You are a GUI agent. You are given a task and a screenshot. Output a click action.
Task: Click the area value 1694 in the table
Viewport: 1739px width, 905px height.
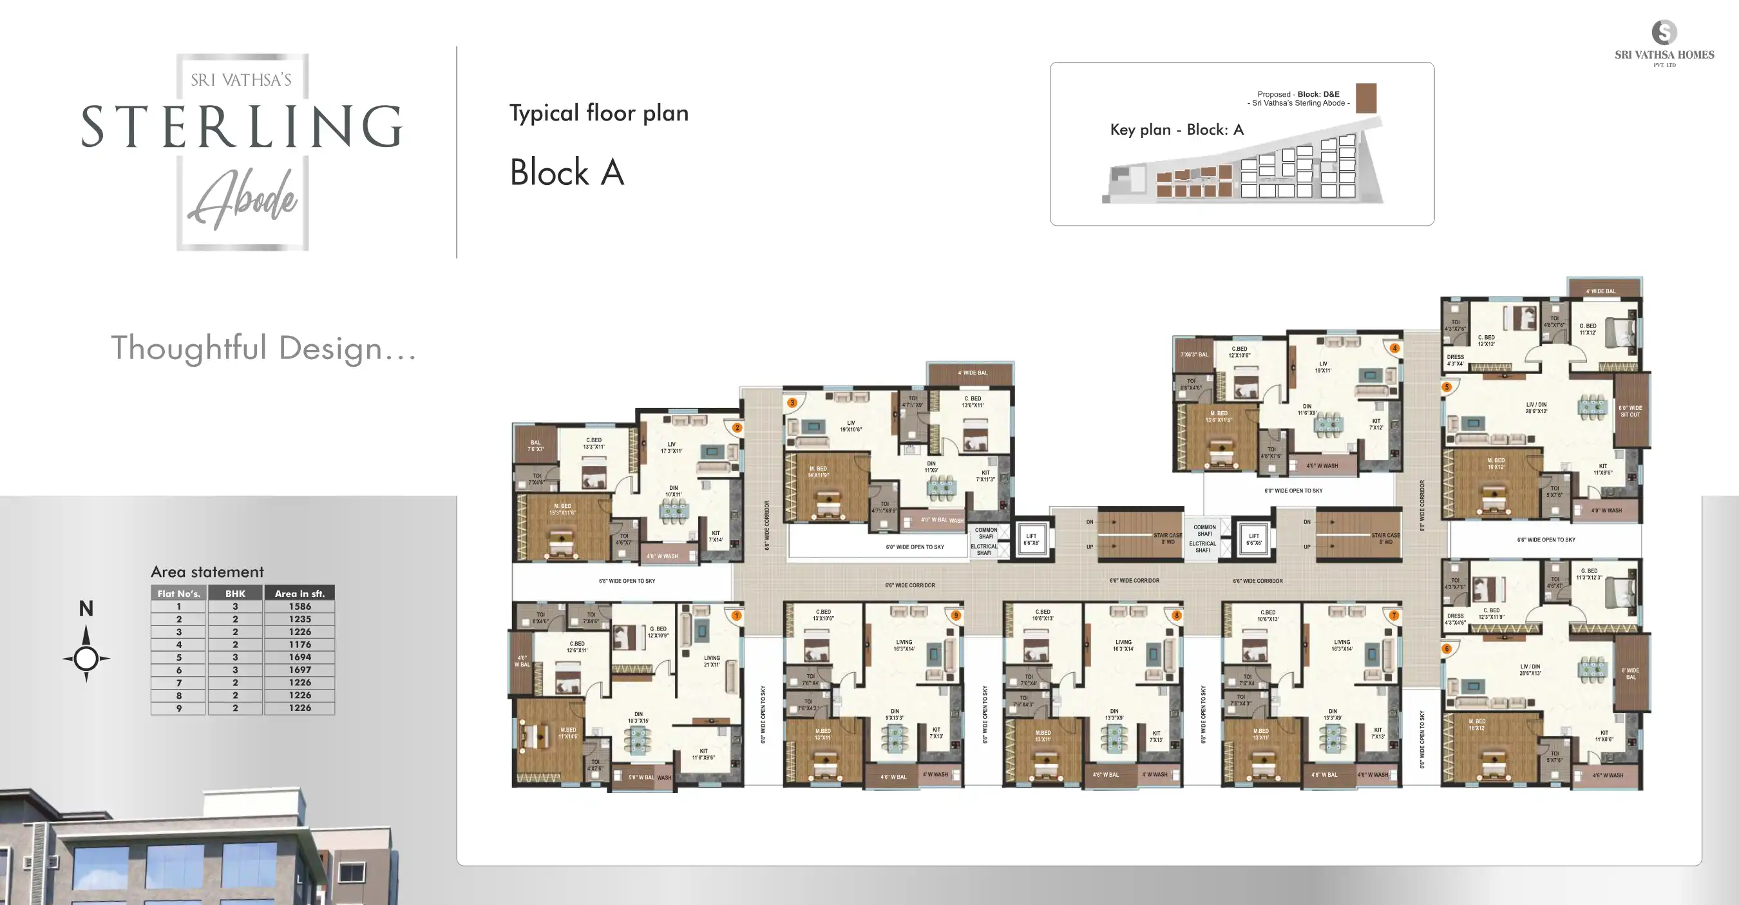click(x=299, y=657)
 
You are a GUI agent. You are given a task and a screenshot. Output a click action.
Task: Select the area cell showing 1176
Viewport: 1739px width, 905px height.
click(x=299, y=645)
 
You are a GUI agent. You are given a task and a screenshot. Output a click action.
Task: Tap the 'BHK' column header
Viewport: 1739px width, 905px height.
click(x=235, y=594)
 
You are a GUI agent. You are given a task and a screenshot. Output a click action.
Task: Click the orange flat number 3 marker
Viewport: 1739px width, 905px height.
click(x=793, y=402)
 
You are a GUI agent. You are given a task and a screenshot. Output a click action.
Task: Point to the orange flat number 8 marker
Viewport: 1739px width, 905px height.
click(x=1177, y=616)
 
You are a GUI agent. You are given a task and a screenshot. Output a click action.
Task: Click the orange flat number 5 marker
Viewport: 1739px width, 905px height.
click(x=1447, y=387)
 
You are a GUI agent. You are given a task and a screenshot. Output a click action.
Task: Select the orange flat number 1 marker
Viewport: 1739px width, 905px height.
click(x=737, y=616)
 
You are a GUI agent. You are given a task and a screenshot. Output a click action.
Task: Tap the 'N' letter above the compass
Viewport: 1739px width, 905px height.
click(x=86, y=608)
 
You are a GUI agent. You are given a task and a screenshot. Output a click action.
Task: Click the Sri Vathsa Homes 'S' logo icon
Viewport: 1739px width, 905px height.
click(x=1664, y=32)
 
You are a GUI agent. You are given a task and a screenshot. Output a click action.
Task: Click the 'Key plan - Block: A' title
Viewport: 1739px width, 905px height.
click(x=1177, y=130)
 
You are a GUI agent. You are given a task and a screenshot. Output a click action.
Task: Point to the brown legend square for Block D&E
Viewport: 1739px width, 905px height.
click(x=1365, y=99)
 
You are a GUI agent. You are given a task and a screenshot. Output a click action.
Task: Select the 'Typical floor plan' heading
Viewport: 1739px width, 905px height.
click(x=599, y=113)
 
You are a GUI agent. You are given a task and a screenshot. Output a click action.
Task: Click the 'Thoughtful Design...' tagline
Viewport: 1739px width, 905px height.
click(x=263, y=348)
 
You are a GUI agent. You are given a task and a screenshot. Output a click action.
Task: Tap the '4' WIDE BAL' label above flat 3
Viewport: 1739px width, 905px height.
click(x=972, y=373)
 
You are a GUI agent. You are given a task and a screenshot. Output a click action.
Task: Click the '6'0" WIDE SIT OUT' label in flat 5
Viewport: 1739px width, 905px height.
click(x=1630, y=411)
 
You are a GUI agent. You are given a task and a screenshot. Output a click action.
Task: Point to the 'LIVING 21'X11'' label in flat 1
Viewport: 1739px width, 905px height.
click(x=712, y=661)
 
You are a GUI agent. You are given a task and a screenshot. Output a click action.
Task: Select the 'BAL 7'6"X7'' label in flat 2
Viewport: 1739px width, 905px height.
click(x=535, y=446)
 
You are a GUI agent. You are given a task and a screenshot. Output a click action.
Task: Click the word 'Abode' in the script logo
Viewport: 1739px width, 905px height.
click(x=243, y=199)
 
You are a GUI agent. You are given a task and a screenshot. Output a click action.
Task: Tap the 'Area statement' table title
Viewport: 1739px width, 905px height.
click(x=207, y=572)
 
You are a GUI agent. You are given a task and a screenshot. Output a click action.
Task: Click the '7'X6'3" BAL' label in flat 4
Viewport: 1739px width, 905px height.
click(x=1194, y=355)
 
